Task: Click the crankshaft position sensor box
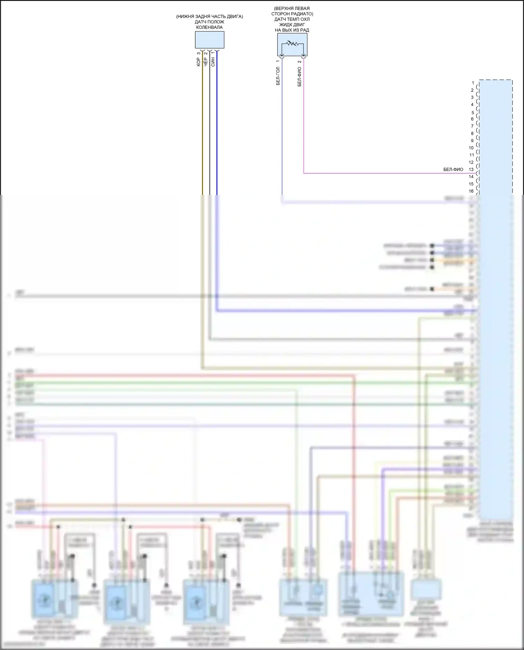(209, 40)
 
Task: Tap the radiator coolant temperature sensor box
(292, 45)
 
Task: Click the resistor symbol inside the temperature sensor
(292, 44)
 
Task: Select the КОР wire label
(198, 62)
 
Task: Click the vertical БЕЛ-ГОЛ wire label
(278, 76)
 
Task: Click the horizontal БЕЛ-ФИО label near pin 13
(453, 169)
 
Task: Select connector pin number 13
(471, 169)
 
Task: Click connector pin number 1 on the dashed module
(473, 83)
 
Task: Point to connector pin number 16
(471, 191)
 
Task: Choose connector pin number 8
(472, 133)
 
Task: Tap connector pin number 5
(473, 112)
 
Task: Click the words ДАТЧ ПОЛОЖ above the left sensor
(209, 22)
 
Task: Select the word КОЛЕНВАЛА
(209, 27)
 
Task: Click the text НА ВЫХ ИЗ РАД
(292, 30)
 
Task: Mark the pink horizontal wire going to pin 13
(384, 173)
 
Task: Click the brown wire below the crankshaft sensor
(202, 122)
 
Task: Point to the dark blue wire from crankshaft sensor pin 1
(217, 122)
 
